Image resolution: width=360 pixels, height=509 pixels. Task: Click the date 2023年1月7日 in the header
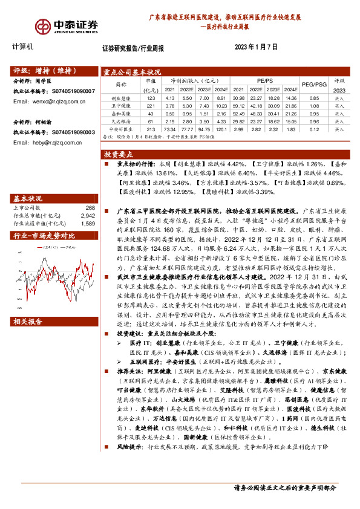coord(256,47)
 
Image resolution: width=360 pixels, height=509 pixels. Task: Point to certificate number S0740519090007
coord(70,91)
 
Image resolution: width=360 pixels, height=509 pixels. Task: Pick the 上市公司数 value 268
coord(87,208)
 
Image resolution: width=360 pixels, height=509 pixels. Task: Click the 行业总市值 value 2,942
coord(87,215)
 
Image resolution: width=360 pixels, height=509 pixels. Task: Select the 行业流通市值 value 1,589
coord(87,223)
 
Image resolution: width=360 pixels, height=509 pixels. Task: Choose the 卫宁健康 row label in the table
coord(121,105)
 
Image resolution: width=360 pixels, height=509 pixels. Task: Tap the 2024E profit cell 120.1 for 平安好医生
coord(221,129)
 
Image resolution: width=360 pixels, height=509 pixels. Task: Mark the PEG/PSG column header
coord(315,85)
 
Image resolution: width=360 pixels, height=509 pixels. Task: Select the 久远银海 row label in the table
coord(121,121)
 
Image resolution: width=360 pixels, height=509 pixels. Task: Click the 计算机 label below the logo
coord(23,47)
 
